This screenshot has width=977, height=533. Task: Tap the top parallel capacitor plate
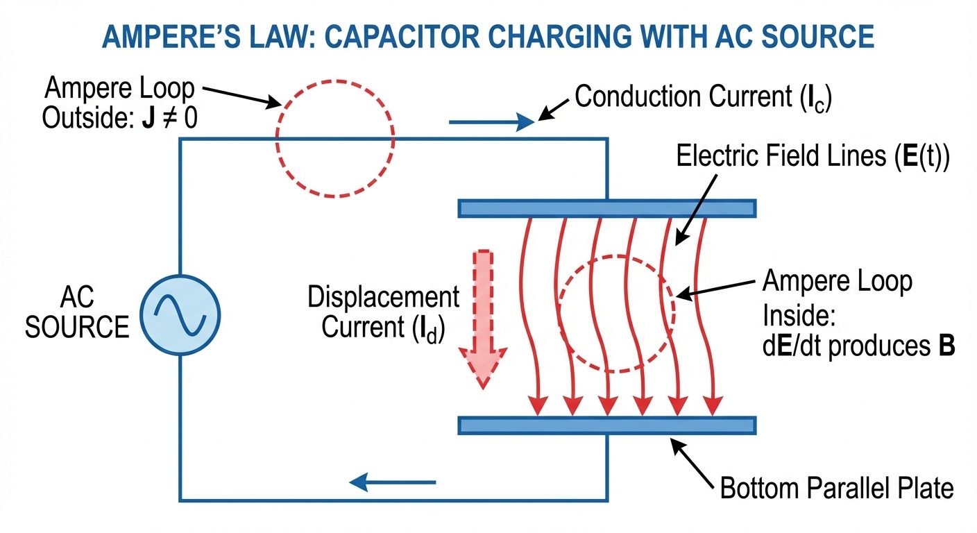pos(606,208)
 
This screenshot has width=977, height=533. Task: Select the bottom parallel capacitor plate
pos(606,425)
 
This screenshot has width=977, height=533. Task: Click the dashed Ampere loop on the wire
pos(335,139)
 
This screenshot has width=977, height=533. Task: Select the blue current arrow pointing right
pos(490,123)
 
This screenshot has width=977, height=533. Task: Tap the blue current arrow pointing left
pos(393,481)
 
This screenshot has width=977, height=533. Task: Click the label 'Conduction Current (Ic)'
pos(703,98)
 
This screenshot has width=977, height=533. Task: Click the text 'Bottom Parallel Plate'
pos(837,488)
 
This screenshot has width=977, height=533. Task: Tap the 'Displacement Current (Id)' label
pos(383,312)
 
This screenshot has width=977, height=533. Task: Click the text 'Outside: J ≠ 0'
pos(119,119)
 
